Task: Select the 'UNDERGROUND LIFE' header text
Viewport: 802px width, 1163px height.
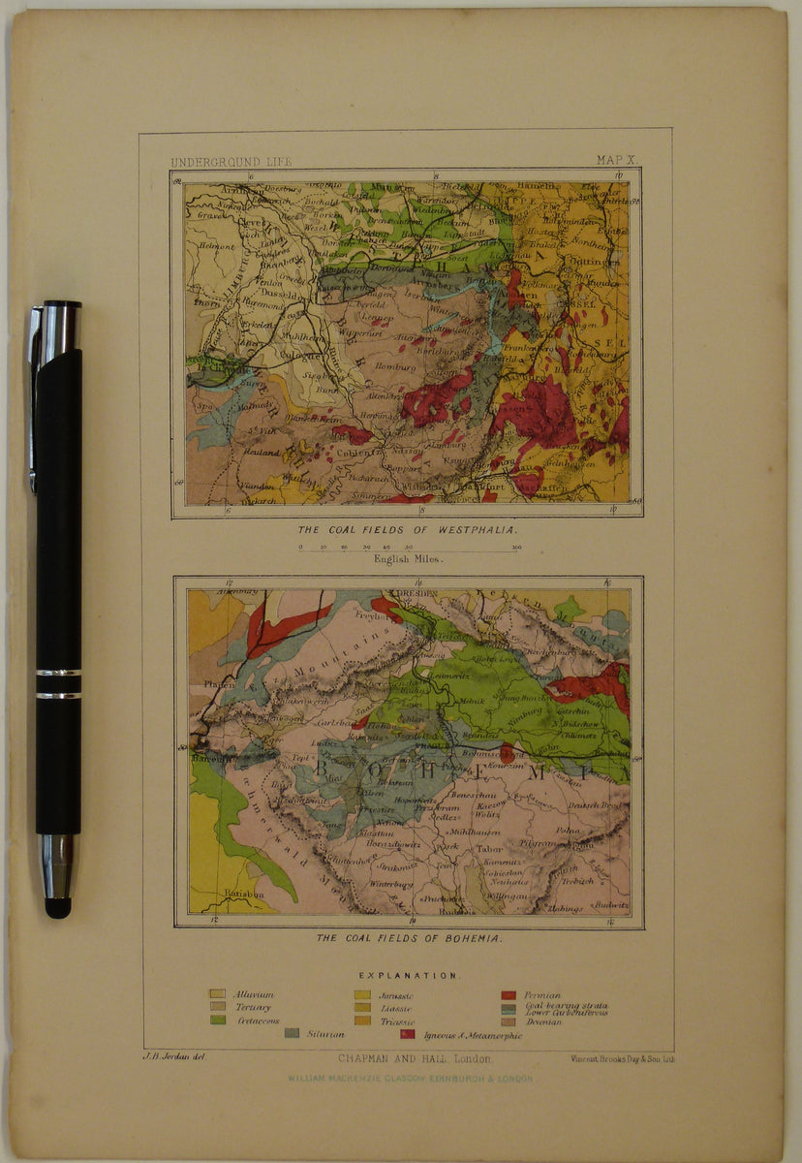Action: (231, 163)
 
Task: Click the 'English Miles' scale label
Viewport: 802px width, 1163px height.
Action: (408, 559)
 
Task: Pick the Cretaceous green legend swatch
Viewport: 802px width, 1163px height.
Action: (218, 1019)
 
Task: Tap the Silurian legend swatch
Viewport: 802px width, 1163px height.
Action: (292, 1034)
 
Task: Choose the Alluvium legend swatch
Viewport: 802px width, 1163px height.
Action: (218, 994)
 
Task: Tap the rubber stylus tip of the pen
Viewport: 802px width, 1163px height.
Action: (58, 907)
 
